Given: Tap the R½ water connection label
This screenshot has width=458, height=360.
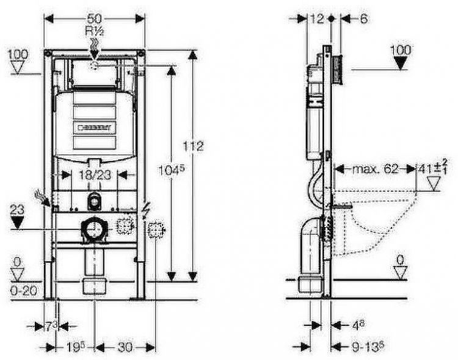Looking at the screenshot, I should click(95, 30).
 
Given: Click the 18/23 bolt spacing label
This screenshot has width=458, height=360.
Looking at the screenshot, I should click(94, 175).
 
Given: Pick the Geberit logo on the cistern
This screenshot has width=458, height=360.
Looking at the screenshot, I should click(93, 128).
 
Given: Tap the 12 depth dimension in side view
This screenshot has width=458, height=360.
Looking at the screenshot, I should click(316, 19).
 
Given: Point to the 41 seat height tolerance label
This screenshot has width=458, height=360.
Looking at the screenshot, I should click(432, 166).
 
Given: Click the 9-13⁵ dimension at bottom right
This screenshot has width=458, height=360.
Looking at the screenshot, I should click(366, 347).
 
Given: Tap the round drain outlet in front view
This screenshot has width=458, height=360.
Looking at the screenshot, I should click(93, 229).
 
